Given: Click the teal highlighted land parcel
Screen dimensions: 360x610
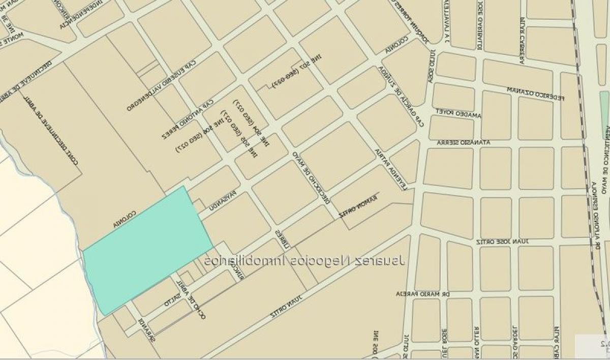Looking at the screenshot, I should click(x=147, y=249).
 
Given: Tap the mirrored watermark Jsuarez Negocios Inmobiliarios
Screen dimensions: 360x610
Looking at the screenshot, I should click(x=305, y=261).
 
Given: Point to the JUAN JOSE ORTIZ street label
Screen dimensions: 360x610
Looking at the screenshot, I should click(x=502, y=241).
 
